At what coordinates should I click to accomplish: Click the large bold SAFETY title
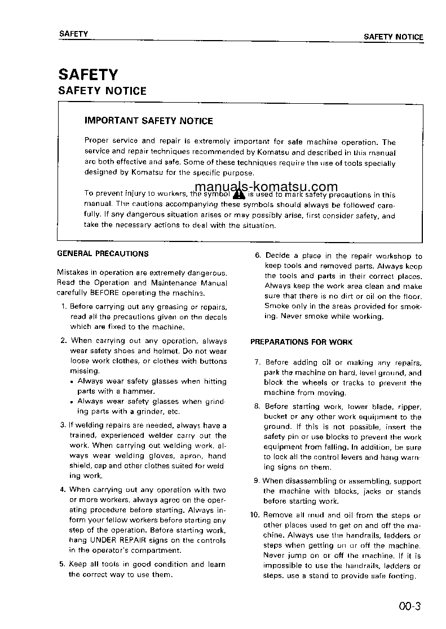[x=88, y=74]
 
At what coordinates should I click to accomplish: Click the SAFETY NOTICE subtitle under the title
[x=102, y=91]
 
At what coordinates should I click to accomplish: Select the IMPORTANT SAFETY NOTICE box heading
[x=148, y=121]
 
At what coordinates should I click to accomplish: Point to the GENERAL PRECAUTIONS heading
[x=103, y=254]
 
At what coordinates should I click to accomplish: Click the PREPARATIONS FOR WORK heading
[x=301, y=342]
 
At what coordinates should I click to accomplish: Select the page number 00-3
[x=409, y=607]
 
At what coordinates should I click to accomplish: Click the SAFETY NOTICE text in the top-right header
[x=393, y=37]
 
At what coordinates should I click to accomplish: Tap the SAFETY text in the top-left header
[x=73, y=34]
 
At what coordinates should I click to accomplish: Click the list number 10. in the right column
[x=255, y=515]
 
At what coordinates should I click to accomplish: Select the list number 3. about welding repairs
[x=63, y=425]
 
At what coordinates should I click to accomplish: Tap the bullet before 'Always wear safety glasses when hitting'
[x=73, y=382]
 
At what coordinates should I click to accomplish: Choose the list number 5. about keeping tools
[x=63, y=564]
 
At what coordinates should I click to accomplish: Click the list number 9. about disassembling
[x=257, y=481]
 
